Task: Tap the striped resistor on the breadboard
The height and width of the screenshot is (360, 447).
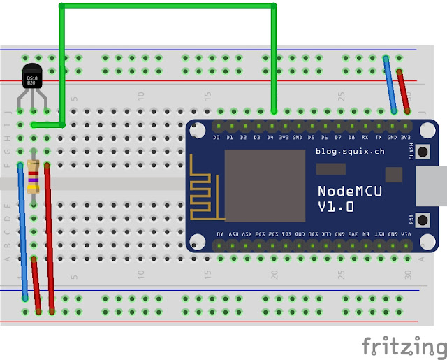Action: click(x=32, y=177)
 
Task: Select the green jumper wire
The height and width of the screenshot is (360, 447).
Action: click(x=168, y=6)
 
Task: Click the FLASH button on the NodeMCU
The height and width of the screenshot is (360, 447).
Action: click(x=422, y=152)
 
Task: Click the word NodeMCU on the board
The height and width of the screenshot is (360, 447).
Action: click(x=349, y=190)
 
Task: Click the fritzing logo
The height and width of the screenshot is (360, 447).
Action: click(x=403, y=345)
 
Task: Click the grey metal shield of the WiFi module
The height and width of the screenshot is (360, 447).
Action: click(x=264, y=181)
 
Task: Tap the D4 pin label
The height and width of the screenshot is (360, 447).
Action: click(x=271, y=138)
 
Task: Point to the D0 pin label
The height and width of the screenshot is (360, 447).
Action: click(x=217, y=138)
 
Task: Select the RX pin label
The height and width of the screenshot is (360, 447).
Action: click(x=365, y=138)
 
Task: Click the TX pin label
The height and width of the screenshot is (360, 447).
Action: click(x=378, y=138)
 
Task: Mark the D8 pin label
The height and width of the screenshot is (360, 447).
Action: click(x=351, y=138)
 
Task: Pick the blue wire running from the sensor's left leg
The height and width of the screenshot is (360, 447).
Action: click(x=22, y=231)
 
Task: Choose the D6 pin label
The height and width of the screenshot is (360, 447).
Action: click(x=325, y=138)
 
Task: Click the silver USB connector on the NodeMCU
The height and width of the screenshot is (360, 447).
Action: click(x=439, y=185)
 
